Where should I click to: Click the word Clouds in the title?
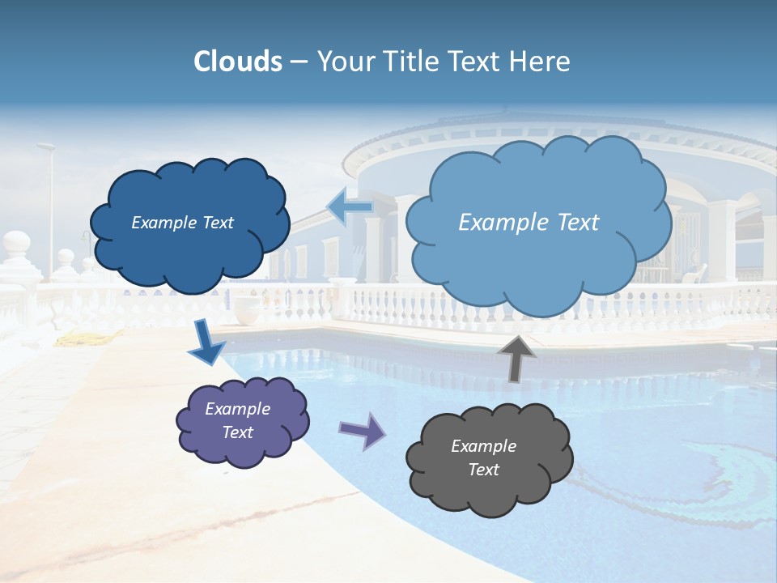tap(237, 62)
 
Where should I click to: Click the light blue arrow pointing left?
tap(350, 207)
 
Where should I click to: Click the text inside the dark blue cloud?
tap(182, 223)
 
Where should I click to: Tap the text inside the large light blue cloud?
tap(529, 223)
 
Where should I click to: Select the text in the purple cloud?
tap(237, 420)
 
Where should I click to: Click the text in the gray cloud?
tap(483, 457)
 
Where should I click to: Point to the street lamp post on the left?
tap(50, 211)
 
